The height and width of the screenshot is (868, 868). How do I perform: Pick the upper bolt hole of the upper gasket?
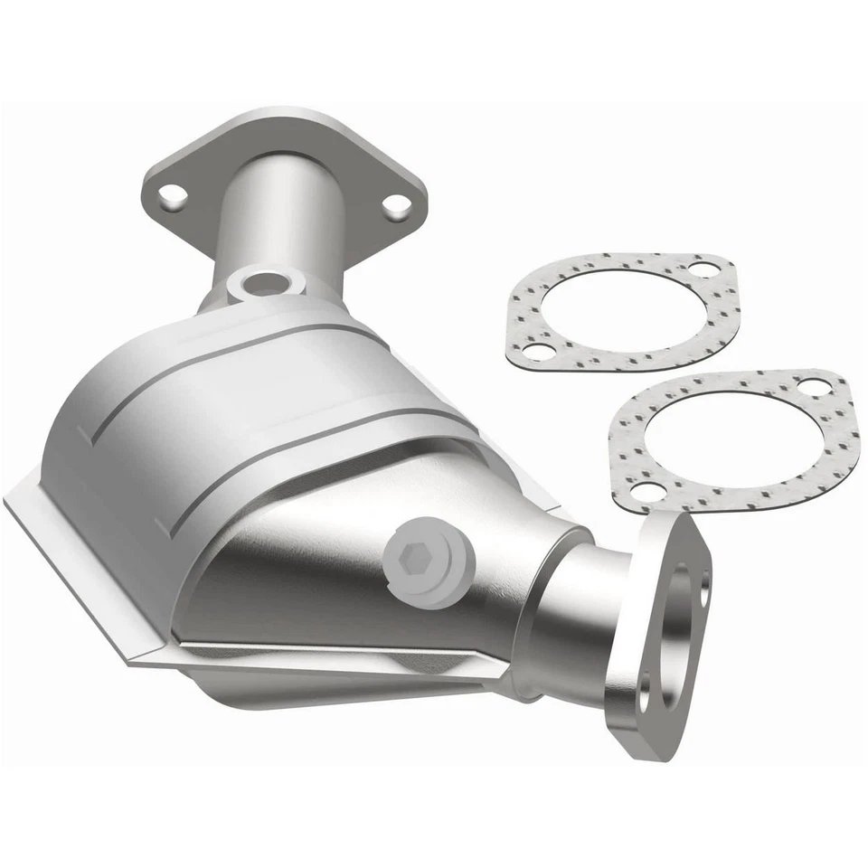703,269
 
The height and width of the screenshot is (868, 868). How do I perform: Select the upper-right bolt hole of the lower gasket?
813,386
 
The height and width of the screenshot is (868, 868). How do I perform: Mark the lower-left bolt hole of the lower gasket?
644,491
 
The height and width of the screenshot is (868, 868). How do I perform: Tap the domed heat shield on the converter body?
226,407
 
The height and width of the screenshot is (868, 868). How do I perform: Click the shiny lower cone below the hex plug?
362,624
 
